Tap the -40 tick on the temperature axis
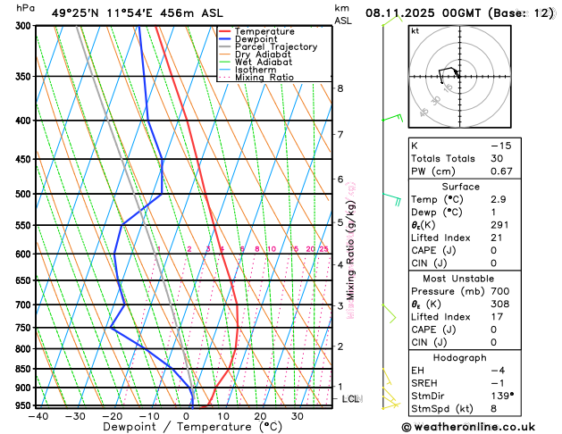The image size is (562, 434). [x=38, y=415]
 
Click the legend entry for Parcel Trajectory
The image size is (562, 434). [x=275, y=46]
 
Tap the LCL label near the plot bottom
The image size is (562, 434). [x=351, y=399]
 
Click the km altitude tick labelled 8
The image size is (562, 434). [x=340, y=88]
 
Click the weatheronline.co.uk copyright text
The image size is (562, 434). [x=474, y=427]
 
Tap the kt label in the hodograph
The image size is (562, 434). [x=415, y=30]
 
